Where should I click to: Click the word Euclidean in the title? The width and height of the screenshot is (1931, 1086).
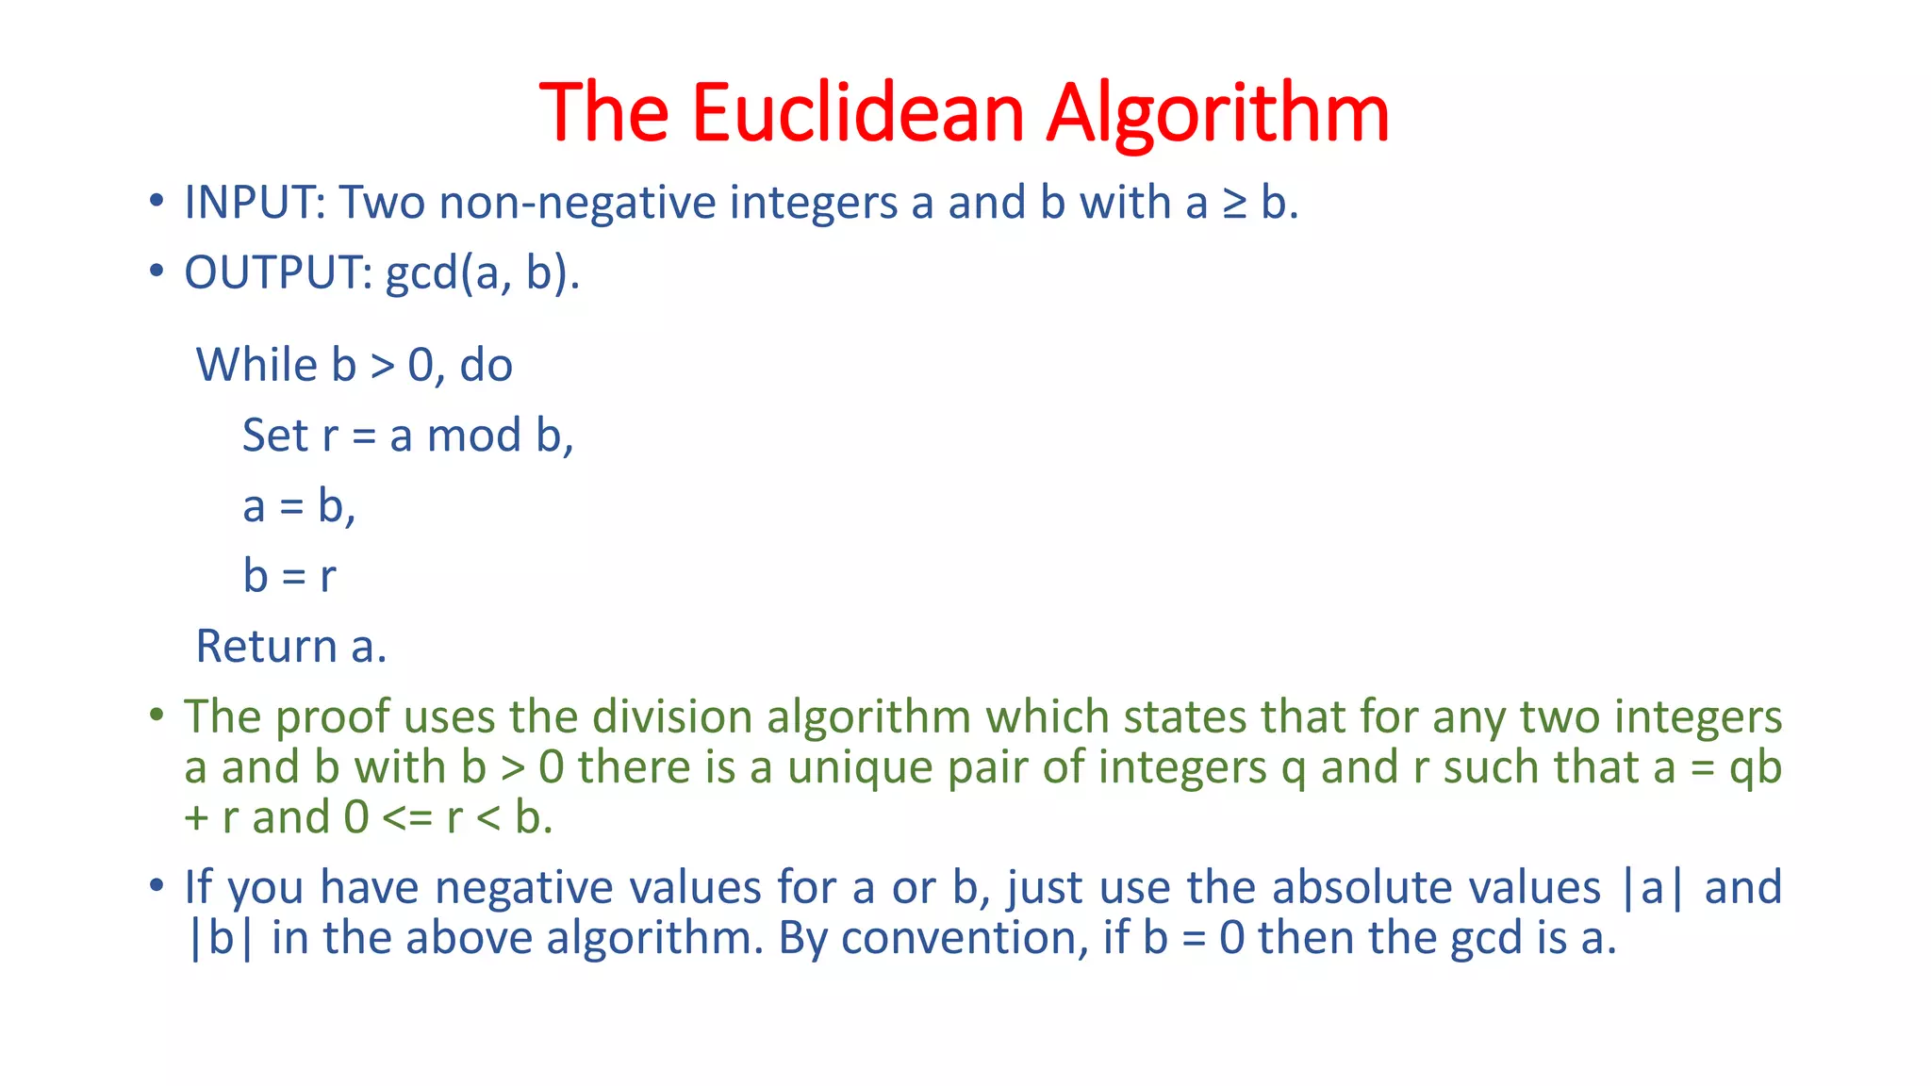857,113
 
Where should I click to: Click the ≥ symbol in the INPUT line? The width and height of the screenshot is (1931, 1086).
1234,204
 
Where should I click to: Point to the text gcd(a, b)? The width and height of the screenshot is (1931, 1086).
483,274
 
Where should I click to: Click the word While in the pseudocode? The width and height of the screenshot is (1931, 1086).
256,365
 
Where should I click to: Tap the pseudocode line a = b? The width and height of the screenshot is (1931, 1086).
299,506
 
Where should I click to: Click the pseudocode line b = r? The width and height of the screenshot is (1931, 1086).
289,575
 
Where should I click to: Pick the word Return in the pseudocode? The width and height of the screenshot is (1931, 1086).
266,647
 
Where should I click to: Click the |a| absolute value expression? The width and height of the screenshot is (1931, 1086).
1651,888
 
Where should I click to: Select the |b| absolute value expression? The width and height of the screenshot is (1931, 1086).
221,938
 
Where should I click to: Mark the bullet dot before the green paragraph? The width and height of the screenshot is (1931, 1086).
157,714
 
